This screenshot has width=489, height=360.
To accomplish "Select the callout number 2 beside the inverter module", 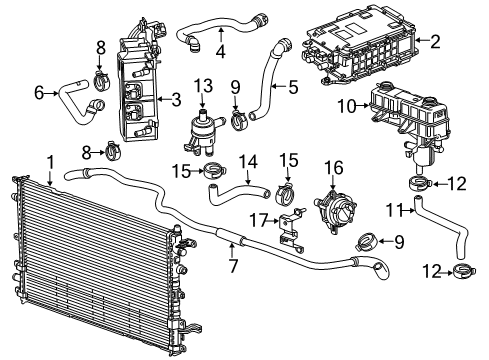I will pos(435,41).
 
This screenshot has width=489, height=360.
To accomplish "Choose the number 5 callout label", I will pos(294,86).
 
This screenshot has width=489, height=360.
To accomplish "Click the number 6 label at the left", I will pos(39,92).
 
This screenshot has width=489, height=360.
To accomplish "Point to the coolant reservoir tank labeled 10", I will pos(410,112).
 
